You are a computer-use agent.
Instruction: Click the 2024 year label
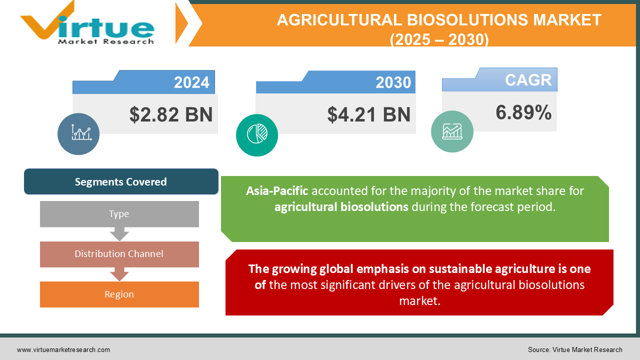pos(191,82)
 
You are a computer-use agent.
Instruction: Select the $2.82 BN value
pos(171,114)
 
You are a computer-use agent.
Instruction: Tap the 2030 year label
pos(393,82)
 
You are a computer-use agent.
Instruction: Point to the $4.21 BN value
pos(369,114)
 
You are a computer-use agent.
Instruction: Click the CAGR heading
pos(528,80)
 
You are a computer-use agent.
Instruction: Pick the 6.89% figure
pos(523,113)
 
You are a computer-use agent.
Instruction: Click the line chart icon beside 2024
pos(78,133)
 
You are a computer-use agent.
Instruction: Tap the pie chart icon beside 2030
pos(257,135)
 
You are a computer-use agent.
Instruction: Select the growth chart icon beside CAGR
pos(452,131)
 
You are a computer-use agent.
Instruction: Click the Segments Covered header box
pos(121,181)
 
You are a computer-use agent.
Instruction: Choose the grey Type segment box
pos(119,214)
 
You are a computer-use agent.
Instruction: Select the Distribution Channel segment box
pos(119,254)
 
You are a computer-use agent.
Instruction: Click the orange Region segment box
pos(119,294)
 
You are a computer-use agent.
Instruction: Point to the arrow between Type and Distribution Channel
pos(119,234)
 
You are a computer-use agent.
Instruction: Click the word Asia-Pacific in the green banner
pos(277,191)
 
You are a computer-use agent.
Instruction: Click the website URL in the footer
pos(63,350)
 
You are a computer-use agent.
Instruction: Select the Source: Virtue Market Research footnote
pos(575,350)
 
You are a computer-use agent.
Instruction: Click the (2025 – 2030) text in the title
pos(439,39)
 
